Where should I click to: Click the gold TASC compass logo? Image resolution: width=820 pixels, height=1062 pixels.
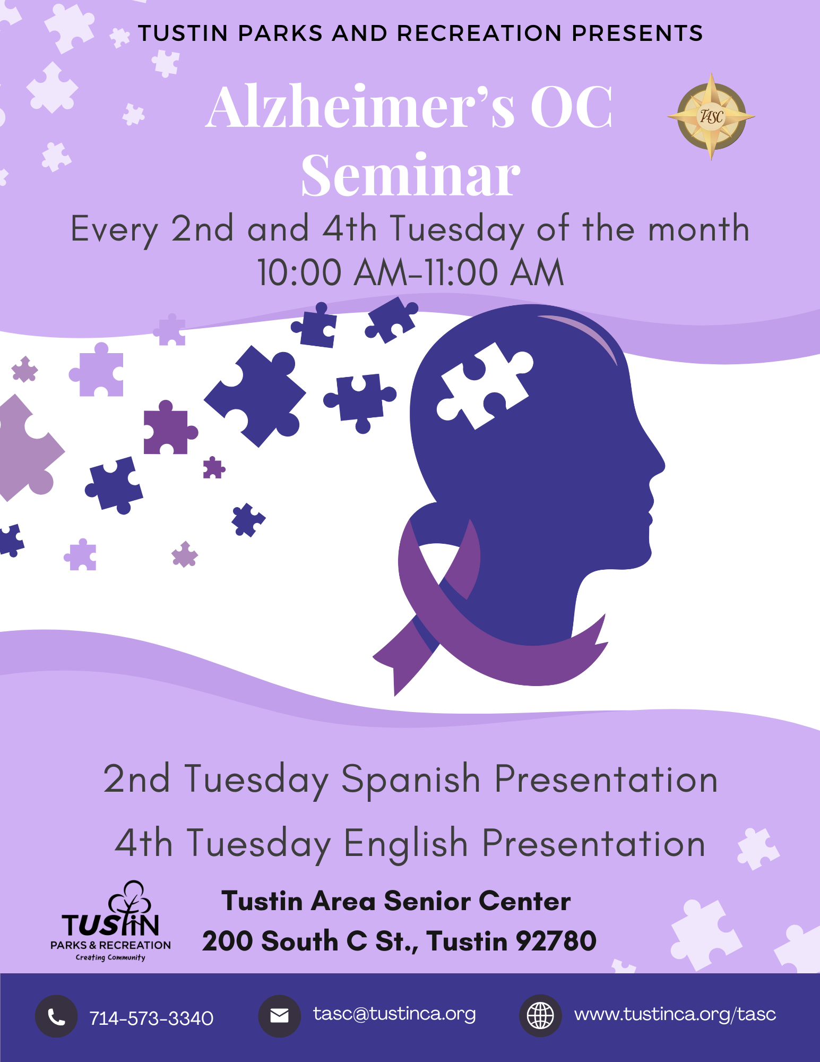tap(711, 116)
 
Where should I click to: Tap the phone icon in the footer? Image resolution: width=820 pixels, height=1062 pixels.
tap(56, 1016)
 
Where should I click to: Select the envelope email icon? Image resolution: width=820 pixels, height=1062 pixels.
tap(279, 1016)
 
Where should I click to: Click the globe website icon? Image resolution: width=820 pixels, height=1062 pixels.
tap(540, 1016)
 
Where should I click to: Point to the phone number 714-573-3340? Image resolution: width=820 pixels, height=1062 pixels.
tap(151, 1018)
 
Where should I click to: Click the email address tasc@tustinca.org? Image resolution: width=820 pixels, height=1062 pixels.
tap(394, 1014)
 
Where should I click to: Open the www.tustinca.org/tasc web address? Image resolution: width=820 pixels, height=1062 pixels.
tap(675, 1014)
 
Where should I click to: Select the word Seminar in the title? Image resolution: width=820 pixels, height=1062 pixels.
tap(410, 175)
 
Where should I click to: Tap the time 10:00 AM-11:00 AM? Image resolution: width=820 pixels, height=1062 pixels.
tap(410, 273)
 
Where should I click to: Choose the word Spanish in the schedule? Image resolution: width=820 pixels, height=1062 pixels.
tap(411, 779)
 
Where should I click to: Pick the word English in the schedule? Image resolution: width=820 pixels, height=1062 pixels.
tap(405, 843)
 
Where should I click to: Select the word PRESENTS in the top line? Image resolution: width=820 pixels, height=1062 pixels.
tap(637, 33)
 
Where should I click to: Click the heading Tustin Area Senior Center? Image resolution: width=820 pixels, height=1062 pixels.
tap(396, 901)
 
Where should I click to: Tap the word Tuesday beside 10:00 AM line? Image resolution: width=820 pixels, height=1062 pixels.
tap(457, 229)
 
